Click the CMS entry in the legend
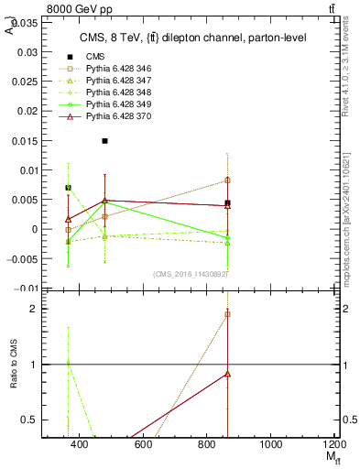tap(95, 57)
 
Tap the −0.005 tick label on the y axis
tap(22, 258)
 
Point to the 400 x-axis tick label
tap(79, 444)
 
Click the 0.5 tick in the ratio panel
tap(31, 420)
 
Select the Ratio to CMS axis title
tap(13, 365)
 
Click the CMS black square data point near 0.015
tap(105, 141)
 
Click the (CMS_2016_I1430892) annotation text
tap(191, 274)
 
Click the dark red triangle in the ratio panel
tap(227, 374)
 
